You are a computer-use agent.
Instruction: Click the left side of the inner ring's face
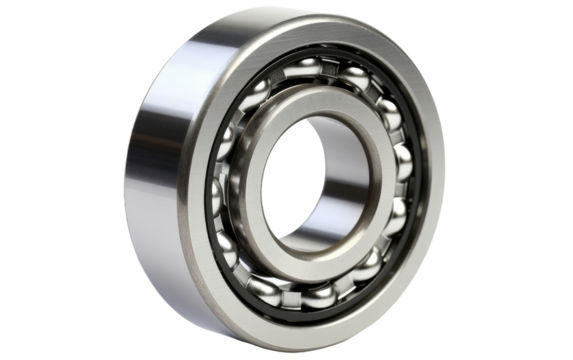[244, 185]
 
